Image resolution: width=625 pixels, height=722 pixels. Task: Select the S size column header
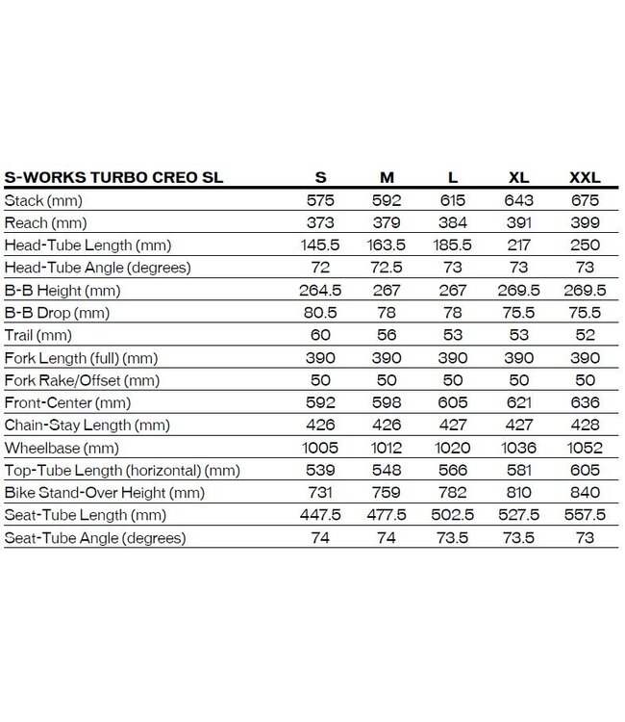click(320, 178)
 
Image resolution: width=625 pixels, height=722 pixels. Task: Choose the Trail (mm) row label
click(38, 335)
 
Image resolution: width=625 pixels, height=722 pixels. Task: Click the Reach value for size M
click(387, 222)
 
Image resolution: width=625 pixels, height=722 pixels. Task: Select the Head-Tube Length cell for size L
click(453, 245)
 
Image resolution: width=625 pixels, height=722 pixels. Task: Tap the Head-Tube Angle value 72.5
click(387, 268)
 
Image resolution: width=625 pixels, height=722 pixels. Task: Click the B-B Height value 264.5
click(320, 290)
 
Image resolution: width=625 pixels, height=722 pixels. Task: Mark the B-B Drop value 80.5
click(320, 313)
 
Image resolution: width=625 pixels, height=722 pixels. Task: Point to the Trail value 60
click(320, 335)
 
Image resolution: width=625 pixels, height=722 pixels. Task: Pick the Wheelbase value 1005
click(320, 447)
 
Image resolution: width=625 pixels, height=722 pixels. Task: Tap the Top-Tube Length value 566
click(453, 470)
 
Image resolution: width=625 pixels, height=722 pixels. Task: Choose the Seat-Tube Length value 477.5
click(387, 515)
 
